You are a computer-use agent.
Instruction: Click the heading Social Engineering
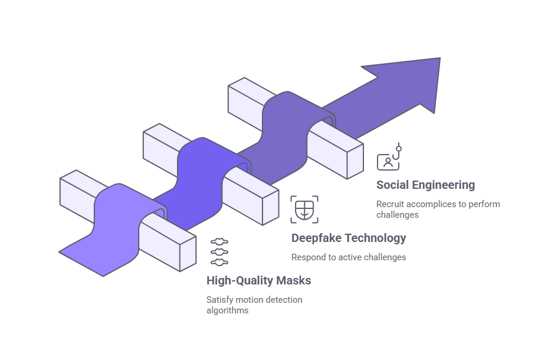coord(425,185)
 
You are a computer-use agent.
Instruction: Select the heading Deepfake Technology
coord(349,238)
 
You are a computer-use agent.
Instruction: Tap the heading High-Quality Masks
coord(258,280)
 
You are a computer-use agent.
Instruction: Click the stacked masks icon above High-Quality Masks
coord(219,252)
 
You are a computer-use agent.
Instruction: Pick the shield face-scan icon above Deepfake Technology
coord(304,210)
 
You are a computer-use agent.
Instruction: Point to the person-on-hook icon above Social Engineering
coord(389,158)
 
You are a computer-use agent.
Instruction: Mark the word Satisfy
coord(218,300)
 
